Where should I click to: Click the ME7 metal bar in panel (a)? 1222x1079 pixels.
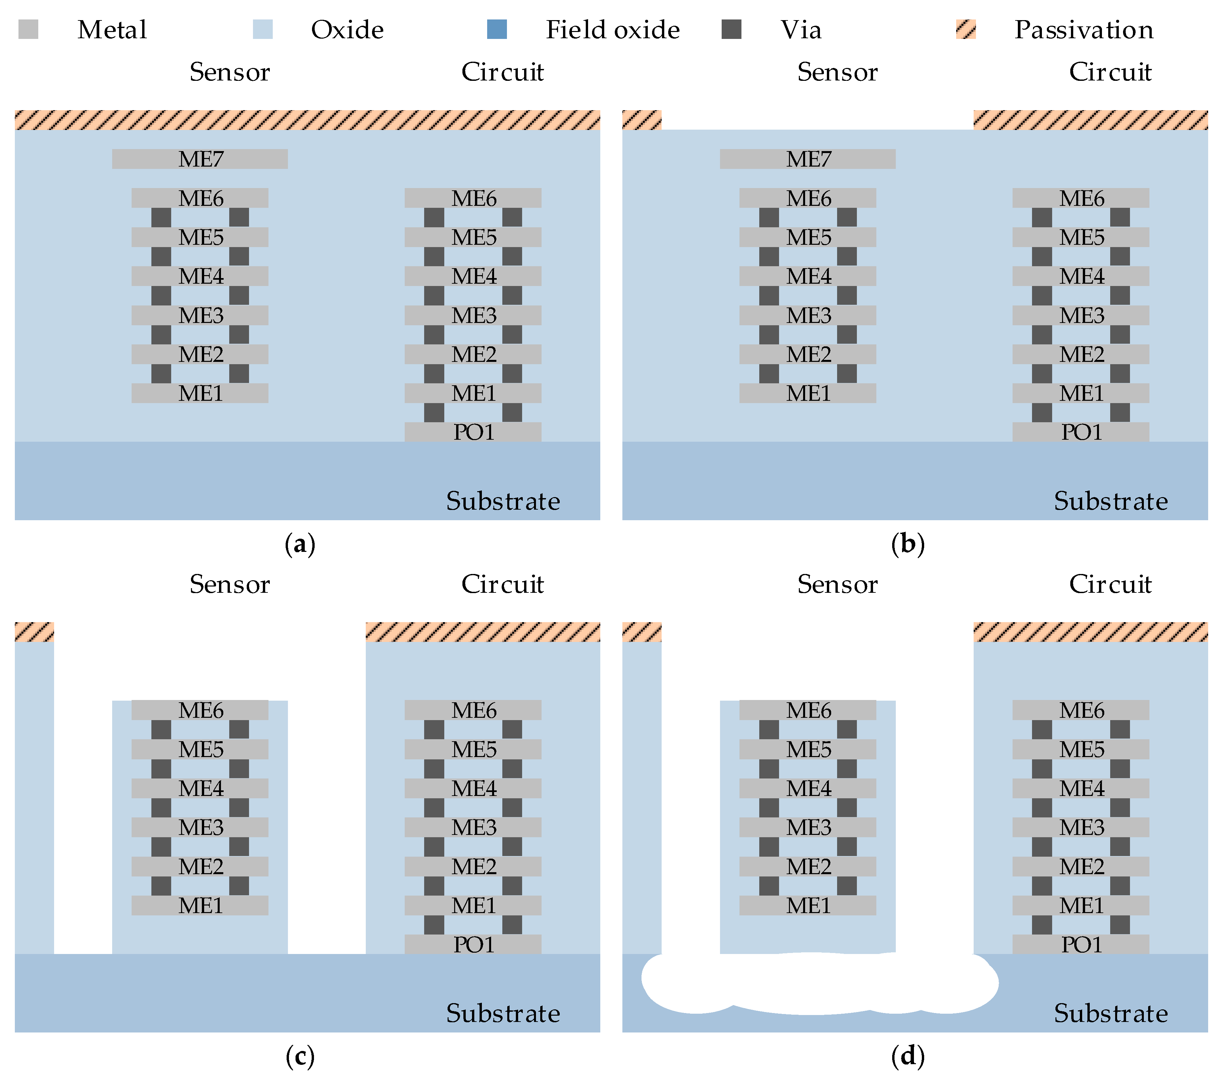(x=200, y=159)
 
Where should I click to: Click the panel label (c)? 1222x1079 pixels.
(x=300, y=1057)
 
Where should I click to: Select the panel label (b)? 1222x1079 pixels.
(x=908, y=545)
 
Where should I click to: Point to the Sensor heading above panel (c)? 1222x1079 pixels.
(x=230, y=584)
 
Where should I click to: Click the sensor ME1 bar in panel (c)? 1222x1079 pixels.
(x=200, y=905)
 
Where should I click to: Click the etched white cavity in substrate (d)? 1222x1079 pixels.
(x=819, y=983)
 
